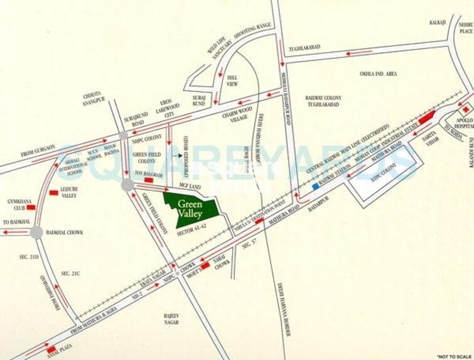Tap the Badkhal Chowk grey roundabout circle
(x=36, y=232)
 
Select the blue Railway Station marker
(x=315, y=186)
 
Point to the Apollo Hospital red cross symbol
(x=466, y=109)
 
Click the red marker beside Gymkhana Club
(x=30, y=206)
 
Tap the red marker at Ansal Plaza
(x=51, y=349)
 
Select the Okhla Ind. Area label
(x=378, y=74)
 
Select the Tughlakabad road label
(x=305, y=47)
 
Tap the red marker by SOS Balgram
(x=149, y=180)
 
